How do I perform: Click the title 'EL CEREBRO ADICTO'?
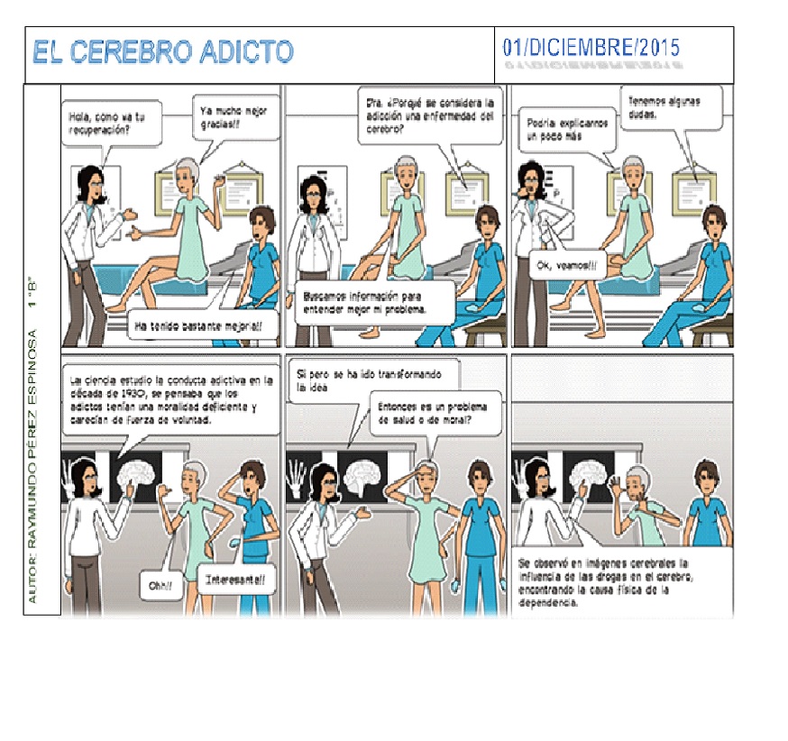tap(163, 52)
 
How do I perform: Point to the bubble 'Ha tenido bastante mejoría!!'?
tap(200, 327)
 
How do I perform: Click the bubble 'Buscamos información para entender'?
tap(377, 302)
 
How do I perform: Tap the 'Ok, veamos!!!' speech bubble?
tap(567, 265)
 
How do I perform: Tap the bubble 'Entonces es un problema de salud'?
tap(426, 414)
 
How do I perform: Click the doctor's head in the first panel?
tap(93, 185)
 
